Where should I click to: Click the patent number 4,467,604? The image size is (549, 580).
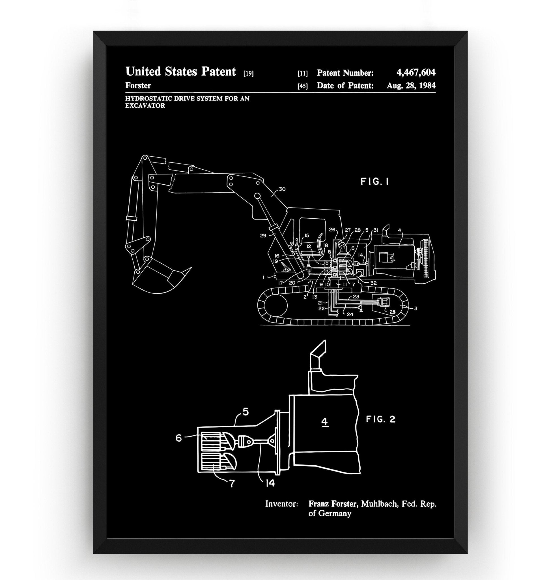[x=415, y=72]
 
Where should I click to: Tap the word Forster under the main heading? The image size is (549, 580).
[x=138, y=86]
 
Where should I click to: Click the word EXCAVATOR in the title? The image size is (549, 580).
[x=145, y=106]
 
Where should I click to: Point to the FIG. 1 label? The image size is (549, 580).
[x=374, y=182]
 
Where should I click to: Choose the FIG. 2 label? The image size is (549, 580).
[x=380, y=419]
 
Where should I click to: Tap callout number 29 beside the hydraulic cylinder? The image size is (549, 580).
[x=263, y=235]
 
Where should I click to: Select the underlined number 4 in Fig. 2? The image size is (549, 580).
[x=324, y=422]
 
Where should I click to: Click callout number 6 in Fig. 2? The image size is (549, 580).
[x=178, y=438]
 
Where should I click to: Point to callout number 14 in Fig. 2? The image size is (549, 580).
[x=270, y=483]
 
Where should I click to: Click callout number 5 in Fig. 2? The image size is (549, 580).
[x=246, y=412]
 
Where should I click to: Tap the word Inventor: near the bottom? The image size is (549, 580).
[x=281, y=504]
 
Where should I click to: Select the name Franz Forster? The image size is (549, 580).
[x=333, y=504]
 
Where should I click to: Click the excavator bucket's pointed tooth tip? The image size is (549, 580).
[x=191, y=268]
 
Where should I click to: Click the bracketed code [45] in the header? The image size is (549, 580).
[x=302, y=86]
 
